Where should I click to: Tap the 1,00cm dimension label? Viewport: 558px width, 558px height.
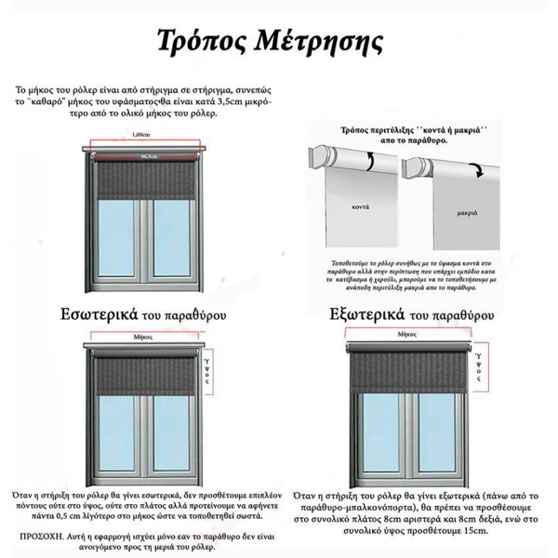tap(141, 135)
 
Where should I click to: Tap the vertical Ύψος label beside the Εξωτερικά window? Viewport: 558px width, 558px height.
tap(477, 366)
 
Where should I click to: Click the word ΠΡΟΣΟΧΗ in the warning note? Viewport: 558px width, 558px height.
tap(42, 538)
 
